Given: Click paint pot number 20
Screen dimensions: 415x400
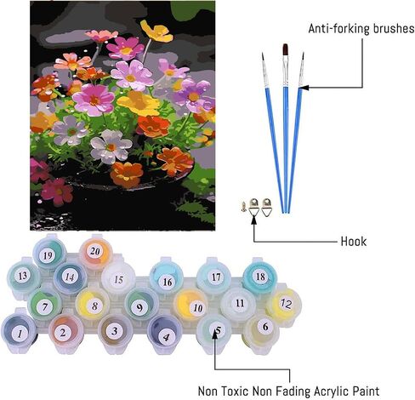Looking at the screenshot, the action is point(95,252).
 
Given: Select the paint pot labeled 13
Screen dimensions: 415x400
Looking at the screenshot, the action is point(23,276).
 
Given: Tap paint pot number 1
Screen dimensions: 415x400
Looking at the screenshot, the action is point(20,331).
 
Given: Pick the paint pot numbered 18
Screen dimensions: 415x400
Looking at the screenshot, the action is point(259,277).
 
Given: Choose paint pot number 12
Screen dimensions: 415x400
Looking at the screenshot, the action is point(284,304).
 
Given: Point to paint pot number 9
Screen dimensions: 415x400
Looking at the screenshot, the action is point(140,305).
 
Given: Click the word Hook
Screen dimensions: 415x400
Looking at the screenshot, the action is point(354,242).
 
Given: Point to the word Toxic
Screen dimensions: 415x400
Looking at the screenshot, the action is point(234,391).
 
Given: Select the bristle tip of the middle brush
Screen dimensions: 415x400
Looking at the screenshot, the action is point(285,50).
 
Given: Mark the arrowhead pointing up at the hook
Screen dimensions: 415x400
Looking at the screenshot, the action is point(254,220).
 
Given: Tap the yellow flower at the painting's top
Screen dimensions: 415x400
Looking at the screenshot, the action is point(156,31).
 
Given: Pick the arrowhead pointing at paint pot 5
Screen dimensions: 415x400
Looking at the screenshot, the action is point(215,334).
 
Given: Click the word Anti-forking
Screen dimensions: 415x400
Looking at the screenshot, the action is point(339,29).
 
